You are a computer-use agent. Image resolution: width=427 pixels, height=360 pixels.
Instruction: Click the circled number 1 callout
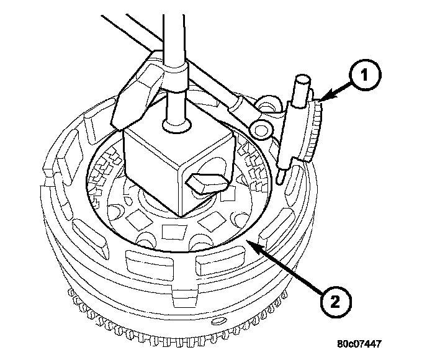coord(365,76)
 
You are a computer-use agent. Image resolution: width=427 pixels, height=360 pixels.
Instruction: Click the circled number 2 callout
coord(334,303)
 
